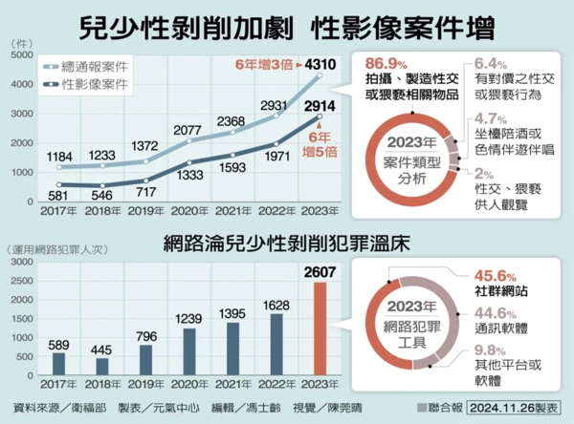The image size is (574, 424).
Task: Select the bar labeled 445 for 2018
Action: [102, 367]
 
